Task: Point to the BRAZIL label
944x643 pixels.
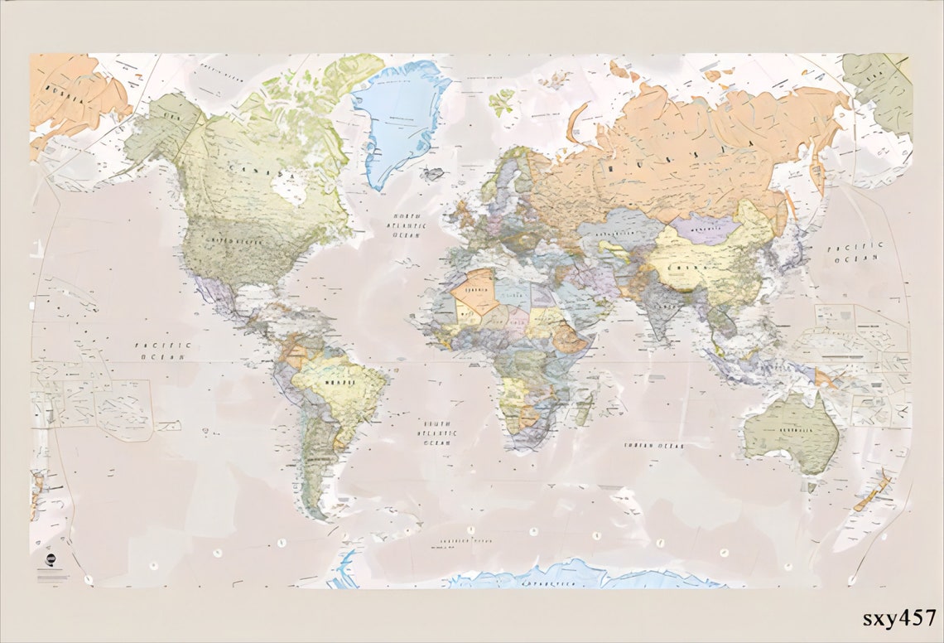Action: coord(334,383)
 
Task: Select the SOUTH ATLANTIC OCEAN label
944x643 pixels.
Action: coord(439,432)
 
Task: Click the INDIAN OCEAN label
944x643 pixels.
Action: coord(654,445)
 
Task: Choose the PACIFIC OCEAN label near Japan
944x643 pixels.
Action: coord(855,252)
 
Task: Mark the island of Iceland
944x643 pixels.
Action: coord(432,174)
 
